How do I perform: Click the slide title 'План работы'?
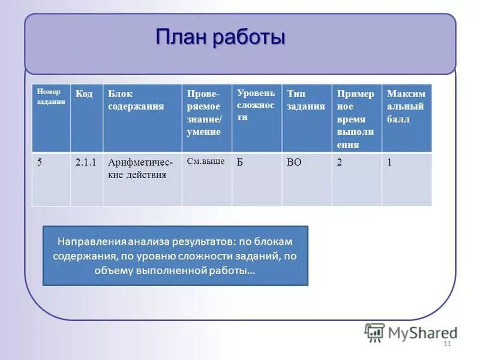tap(220, 37)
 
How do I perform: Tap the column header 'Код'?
tap(84, 94)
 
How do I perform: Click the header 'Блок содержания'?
tap(136, 100)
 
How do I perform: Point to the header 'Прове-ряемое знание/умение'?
tap(203, 113)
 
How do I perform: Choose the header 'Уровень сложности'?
tap(256, 105)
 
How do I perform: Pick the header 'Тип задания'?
tap(305, 100)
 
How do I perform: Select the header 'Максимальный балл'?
tap(406, 106)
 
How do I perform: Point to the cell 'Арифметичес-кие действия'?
tap(140, 169)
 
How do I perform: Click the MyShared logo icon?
tap(374, 332)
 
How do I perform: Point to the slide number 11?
tap(446, 344)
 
